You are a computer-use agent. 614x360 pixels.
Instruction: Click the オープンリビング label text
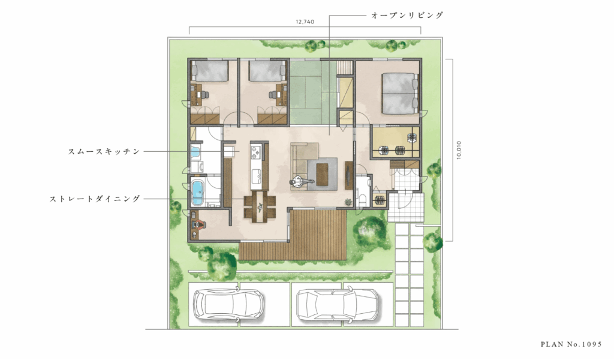point(407,15)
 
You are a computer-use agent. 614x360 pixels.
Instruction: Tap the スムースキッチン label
point(104,151)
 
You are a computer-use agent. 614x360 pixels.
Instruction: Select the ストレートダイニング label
point(95,199)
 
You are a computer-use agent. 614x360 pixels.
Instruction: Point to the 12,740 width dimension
point(305,22)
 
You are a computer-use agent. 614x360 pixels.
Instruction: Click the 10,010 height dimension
point(459,150)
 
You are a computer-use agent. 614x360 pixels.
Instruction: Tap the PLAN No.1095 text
point(571,344)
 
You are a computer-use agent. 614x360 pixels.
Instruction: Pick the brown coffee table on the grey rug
point(323,174)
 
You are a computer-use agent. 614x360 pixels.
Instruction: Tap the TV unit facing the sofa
point(348,175)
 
